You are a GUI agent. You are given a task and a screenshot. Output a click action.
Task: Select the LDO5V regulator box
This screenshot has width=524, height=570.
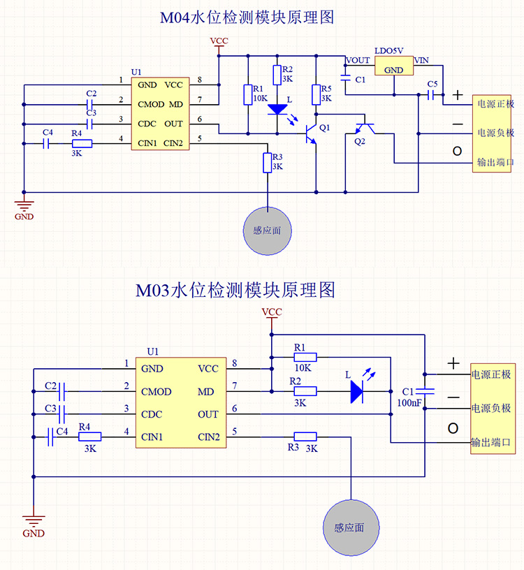[393, 66]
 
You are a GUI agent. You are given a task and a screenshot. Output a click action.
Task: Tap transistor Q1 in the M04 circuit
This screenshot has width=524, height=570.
[310, 133]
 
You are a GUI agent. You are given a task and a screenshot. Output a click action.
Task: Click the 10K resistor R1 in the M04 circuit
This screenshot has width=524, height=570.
[248, 95]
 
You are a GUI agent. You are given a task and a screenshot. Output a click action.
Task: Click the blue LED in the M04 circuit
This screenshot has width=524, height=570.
[277, 110]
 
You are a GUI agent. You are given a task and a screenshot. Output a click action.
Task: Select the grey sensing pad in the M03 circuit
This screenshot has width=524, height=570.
[348, 527]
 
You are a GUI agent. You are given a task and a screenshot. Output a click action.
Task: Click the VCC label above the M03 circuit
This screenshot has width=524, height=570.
[270, 312]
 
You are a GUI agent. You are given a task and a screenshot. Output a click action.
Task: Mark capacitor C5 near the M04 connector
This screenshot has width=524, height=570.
[428, 93]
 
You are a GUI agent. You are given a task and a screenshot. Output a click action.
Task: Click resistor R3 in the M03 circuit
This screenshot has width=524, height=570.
[305, 437]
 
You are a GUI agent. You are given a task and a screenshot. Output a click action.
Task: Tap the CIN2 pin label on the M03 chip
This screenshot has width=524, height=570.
[210, 437]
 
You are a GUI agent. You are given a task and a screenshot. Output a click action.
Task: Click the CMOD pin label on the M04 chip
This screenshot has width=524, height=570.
[150, 104]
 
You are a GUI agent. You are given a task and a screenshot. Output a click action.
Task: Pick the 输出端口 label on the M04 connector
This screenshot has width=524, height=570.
[495, 162]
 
